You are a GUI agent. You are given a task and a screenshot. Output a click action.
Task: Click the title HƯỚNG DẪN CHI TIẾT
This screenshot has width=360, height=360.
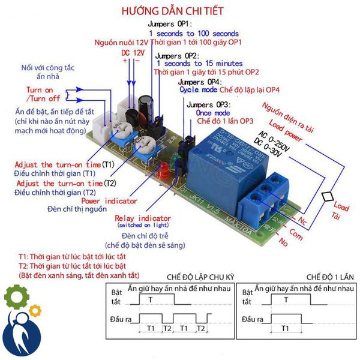tap(172, 11)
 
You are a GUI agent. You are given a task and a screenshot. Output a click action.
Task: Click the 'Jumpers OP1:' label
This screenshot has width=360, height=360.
tap(169, 24)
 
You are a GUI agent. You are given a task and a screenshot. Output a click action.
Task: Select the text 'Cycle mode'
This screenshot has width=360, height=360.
tap(199, 89)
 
